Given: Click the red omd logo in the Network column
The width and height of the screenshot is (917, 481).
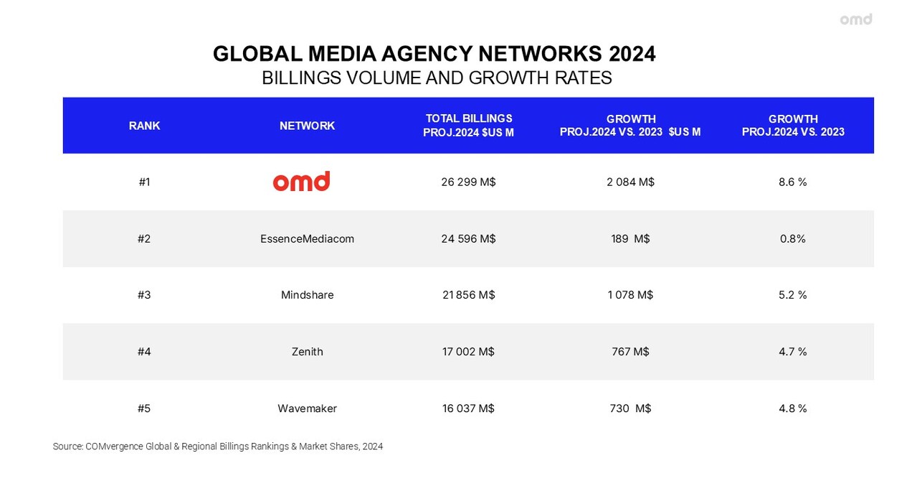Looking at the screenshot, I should [x=301, y=181].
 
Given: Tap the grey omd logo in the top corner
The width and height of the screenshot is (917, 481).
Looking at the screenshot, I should [x=856, y=19].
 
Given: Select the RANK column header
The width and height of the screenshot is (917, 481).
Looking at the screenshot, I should [x=144, y=126].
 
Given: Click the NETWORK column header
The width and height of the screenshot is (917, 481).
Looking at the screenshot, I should [x=307, y=126].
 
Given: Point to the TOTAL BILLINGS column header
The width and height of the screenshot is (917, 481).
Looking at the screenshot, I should [x=468, y=125].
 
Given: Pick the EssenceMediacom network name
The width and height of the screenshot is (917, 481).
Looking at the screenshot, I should [x=307, y=238].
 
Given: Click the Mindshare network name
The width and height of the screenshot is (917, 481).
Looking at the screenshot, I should [x=307, y=295].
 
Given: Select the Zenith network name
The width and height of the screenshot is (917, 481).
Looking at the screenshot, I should [x=307, y=352].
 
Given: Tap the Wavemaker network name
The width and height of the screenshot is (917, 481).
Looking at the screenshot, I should [x=307, y=408].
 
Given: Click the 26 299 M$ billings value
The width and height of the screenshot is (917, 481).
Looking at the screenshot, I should [x=468, y=182].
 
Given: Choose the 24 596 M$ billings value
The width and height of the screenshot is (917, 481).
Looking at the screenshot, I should [x=468, y=238].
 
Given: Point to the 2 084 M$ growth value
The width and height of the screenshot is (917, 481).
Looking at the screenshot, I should [x=630, y=182].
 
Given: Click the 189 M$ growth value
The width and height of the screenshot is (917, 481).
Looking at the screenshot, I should [x=630, y=238].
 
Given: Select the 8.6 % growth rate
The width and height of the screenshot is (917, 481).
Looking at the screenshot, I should [x=792, y=182].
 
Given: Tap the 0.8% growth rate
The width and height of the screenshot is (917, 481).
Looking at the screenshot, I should [x=792, y=238].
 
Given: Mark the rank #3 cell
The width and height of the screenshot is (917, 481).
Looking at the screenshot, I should [x=144, y=295].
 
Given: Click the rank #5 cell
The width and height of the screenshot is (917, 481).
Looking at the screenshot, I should [x=144, y=408].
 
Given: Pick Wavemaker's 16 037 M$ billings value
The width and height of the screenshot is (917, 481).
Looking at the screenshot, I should [x=468, y=408].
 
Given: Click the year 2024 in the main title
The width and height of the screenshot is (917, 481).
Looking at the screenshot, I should [x=632, y=54].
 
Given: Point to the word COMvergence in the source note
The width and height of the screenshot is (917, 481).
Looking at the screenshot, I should [x=114, y=447].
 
